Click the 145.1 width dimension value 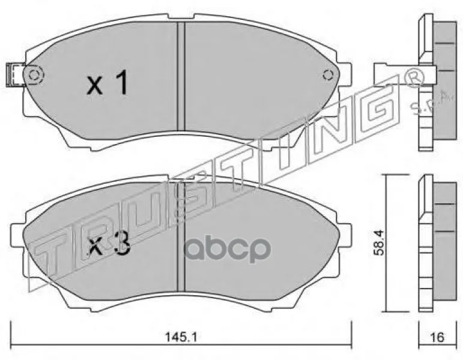[180, 337]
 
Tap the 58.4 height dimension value [378, 242]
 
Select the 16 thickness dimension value [438, 337]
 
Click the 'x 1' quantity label [107, 82]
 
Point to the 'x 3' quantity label [109, 246]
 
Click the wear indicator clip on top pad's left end [15, 74]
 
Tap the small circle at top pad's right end [328, 75]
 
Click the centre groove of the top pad [181, 76]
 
